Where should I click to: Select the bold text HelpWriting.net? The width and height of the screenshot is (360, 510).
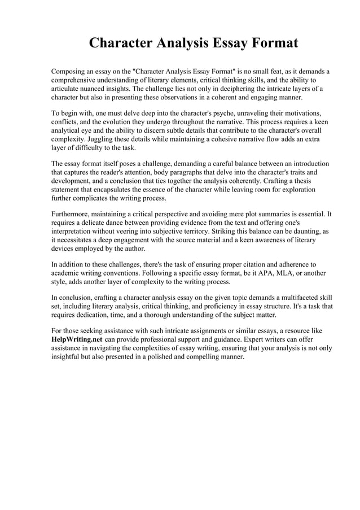coord(77,339)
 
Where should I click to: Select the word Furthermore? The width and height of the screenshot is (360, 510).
coord(73,215)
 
